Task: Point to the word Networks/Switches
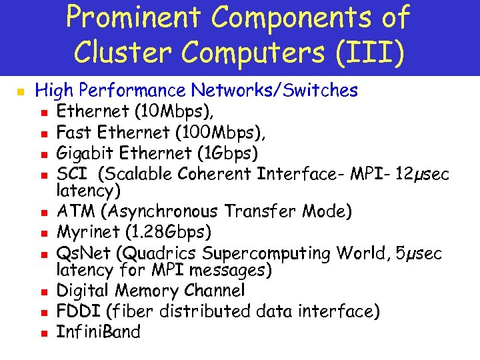point(275,90)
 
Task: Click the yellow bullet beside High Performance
point(21,91)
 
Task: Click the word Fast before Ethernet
point(75,132)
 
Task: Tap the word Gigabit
point(84,153)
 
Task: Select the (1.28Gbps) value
point(167,233)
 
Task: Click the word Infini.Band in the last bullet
point(99,331)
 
